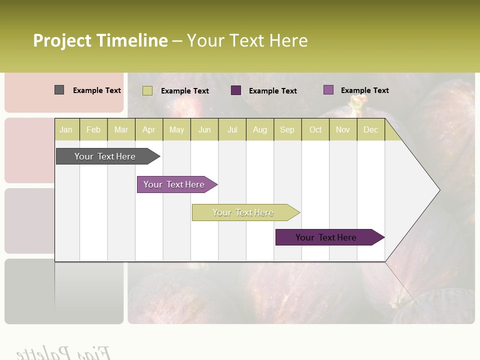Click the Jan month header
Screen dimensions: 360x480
tap(66, 129)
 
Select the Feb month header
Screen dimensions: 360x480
tap(93, 129)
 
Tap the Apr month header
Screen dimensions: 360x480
tap(148, 129)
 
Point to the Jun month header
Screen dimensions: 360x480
tap(204, 129)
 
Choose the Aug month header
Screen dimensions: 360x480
tap(259, 129)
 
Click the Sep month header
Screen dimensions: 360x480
tap(287, 129)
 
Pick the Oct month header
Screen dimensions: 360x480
tap(315, 129)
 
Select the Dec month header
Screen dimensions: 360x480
tap(370, 129)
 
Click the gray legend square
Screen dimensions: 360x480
tap(59, 90)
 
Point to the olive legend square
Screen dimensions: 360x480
tap(147, 90)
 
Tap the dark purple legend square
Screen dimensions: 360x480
tap(236, 90)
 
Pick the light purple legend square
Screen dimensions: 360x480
tap(328, 90)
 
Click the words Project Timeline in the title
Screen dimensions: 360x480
tap(100, 40)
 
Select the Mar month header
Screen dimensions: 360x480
tap(121, 129)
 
